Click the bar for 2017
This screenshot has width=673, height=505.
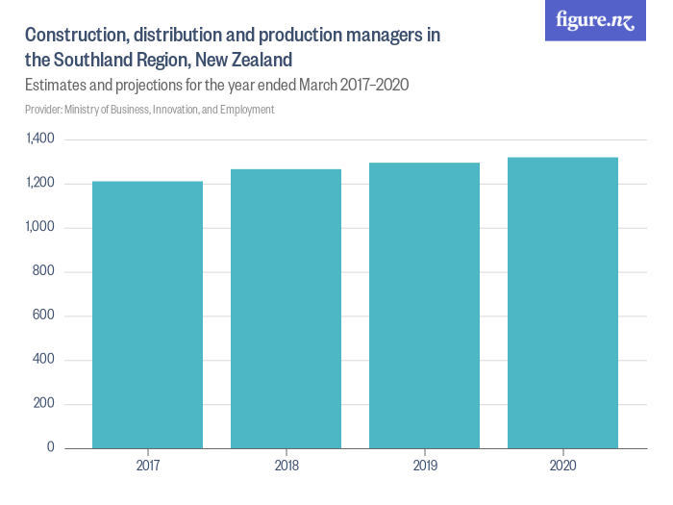click(147, 315)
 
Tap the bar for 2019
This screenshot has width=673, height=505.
click(424, 305)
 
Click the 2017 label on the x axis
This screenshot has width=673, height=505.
click(147, 466)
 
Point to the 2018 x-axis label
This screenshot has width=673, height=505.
click(286, 466)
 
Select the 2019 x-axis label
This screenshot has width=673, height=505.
click(424, 466)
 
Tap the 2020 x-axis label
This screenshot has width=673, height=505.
click(562, 466)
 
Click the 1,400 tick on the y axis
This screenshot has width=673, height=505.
click(40, 139)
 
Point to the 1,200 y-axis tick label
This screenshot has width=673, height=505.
click(40, 184)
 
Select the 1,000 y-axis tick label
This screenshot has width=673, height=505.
click(40, 228)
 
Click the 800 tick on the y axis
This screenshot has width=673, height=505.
click(44, 272)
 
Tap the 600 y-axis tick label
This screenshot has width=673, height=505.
click(44, 316)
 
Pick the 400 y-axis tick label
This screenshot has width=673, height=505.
click(44, 360)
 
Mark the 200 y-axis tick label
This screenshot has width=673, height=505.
click(44, 404)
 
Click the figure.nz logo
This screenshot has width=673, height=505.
click(595, 20)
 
